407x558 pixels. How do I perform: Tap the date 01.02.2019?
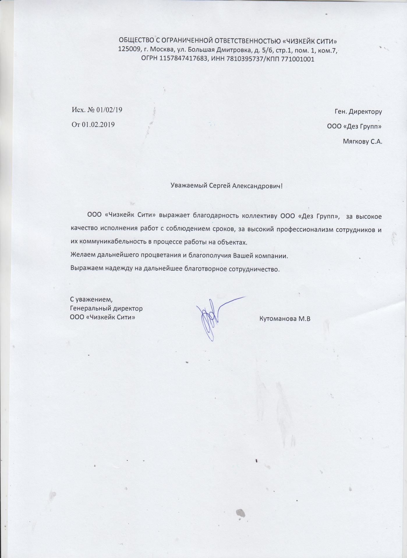[x=98, y=125]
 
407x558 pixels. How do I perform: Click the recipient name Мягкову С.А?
[x=362, y=142]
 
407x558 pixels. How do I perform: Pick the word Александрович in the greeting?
[x=256, y=186]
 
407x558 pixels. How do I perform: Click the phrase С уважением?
[x=91, y=299]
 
